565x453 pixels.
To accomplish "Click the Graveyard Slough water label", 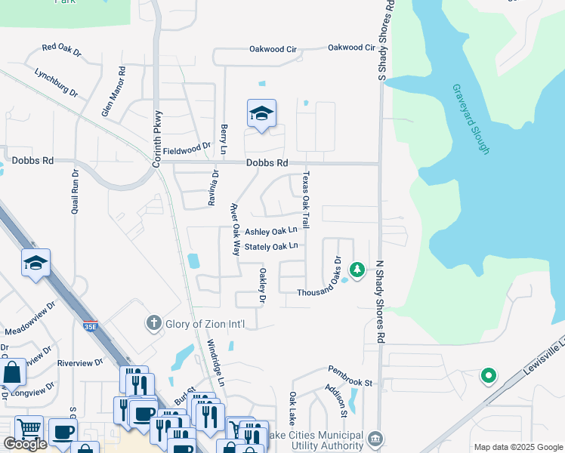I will (x=471, y=119).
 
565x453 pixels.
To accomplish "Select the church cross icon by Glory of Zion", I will (x=153, y=323).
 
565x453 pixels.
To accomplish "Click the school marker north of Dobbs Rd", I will (x=261, y=114).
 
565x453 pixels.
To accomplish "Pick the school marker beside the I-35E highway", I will (x=36, y=263).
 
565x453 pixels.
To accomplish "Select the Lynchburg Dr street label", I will (x=57, y=82).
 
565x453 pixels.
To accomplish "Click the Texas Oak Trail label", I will (x=306, y=199).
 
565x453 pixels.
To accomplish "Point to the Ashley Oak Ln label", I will (x=270, y=232).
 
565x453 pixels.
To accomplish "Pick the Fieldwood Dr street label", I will (x=186, y=146).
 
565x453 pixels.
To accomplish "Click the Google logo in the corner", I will (x=25, y=444).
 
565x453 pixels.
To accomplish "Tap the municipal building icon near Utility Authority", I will (x=375, y=438).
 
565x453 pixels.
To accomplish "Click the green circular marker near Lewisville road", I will (x=489, y=374).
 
